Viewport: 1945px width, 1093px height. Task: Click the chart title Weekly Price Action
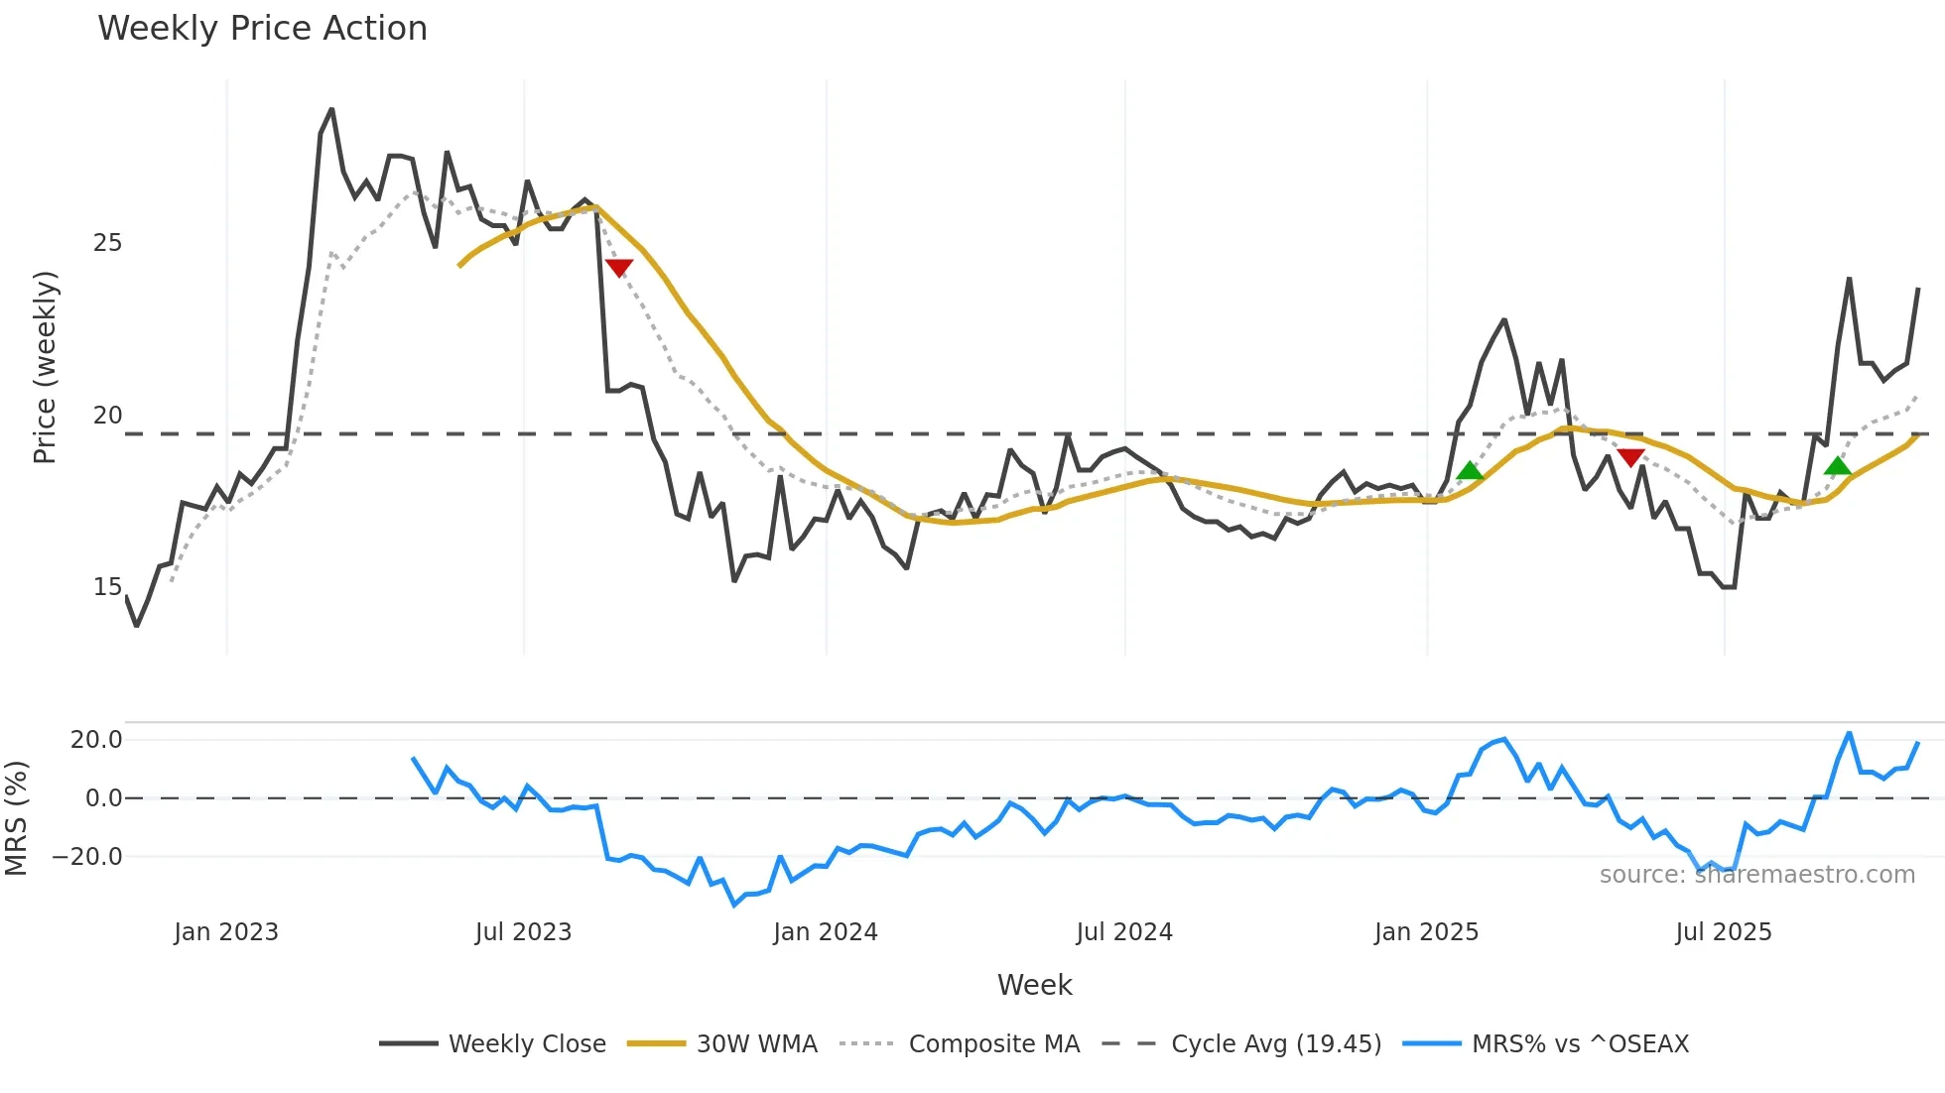click(x=262, y=29)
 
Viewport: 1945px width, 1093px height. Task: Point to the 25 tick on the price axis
click(x=107, y=243)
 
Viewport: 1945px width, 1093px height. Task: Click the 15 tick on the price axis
click(x=107, y=587)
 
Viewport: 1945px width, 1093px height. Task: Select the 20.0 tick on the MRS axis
click(x=96, y=740)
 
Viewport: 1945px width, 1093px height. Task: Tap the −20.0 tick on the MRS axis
click(x=88, y=857)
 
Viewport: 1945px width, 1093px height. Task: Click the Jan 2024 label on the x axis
click(x=826, y=932)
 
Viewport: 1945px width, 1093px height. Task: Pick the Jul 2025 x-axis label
click(x=1724, y=932)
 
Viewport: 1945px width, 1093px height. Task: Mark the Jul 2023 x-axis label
click(x=523, y=932)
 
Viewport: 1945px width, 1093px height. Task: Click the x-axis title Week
click(x=1034, y=985)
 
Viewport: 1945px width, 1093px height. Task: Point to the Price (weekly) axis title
click(x=45, y=367)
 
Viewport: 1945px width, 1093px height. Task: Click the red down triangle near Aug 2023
click(x=618, y=268)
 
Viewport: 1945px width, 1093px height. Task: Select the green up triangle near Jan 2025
click(x=1470, y=471)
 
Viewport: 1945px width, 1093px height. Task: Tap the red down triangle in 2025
click(x=1630, y=457)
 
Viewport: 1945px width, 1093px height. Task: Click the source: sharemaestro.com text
click(x=1756, y=875)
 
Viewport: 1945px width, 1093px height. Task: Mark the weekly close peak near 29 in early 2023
click(x=331, y=109)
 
